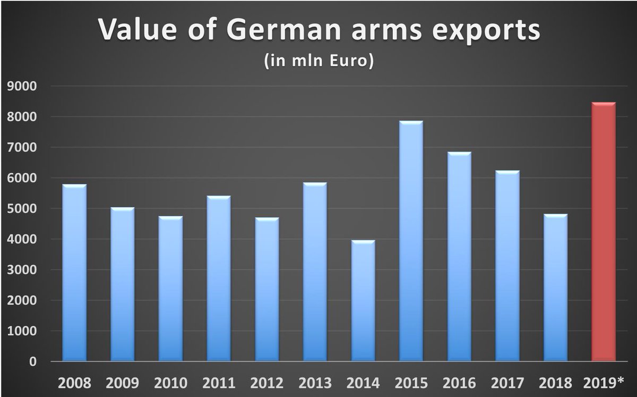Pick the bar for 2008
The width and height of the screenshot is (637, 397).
click(x=74, y=273)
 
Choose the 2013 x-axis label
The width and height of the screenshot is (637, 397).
click(x=315, y=383)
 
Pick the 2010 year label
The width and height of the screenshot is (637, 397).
click(x=170, y=383)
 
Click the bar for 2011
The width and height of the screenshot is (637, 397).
click(x=219, y=279)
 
